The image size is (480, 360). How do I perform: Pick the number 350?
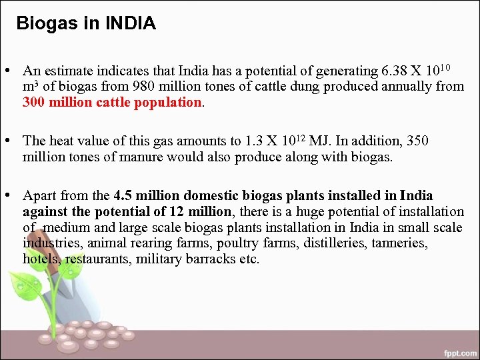tap(418, 141)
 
